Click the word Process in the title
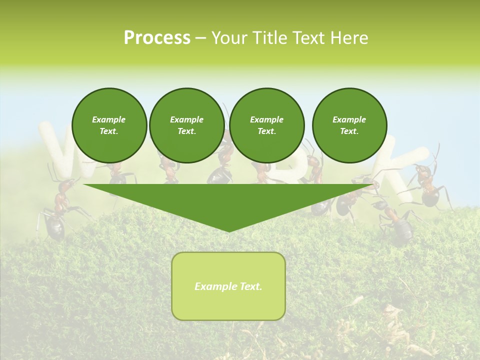(x=157, y=38)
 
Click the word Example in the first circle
(x=109, y=119)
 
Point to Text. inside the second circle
(x=186, y=131)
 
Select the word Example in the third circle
(x=266, y=119)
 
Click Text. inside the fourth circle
(x=349, y=131)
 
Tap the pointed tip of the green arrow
(x=228, y=230)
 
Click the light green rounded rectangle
(x=228, y=305)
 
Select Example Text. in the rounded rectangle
(x=228, y=286)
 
